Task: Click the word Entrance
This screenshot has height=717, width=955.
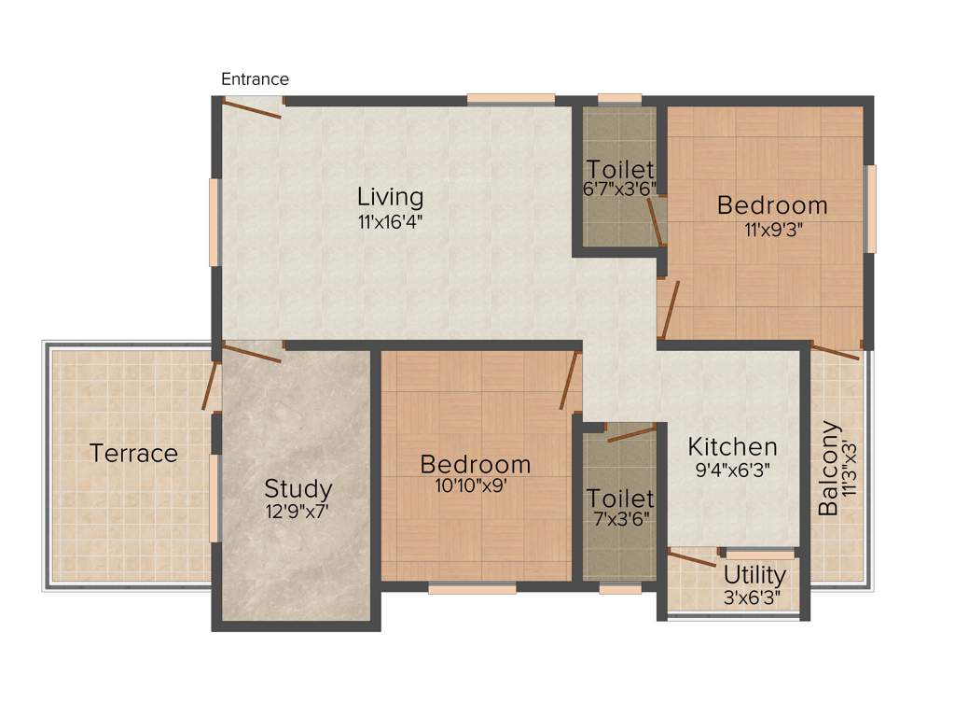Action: (255, 79)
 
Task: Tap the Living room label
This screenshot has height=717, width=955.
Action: (391, 197)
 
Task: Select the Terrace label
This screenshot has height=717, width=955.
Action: (133, 454)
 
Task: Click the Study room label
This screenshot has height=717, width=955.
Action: (298, 488)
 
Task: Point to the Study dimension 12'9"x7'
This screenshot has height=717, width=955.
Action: (298, 511)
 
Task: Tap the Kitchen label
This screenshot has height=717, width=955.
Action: (732, 446)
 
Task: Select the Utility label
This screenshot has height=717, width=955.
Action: (754, 574)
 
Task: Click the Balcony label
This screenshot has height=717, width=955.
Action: (828, 469)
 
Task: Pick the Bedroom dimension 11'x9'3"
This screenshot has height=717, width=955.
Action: (772, 230)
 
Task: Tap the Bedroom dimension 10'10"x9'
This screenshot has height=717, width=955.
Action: (476, 485)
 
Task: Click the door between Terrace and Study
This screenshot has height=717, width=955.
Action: (211, 386)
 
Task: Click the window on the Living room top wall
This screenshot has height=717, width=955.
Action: (511, 98)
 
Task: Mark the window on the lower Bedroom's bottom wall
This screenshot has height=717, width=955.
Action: (472, 589)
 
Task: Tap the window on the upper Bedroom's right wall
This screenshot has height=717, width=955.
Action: (872, 209)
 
